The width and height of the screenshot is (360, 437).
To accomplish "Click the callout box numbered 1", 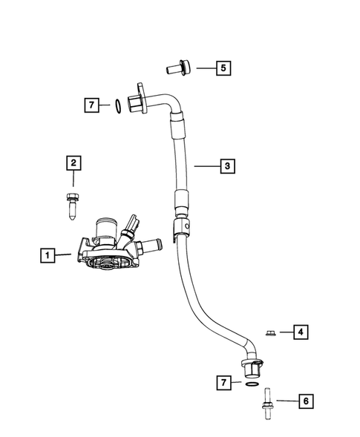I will coord(47,256).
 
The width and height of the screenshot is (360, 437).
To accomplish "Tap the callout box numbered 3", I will coord(228,166).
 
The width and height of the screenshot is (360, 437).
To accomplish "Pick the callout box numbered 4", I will coord(301,332).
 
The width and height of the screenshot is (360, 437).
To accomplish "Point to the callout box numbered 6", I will coord(304,401).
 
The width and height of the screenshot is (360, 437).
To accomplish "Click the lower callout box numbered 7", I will coord(221,384).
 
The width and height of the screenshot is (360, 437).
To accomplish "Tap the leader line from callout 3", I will coord(206,166).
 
